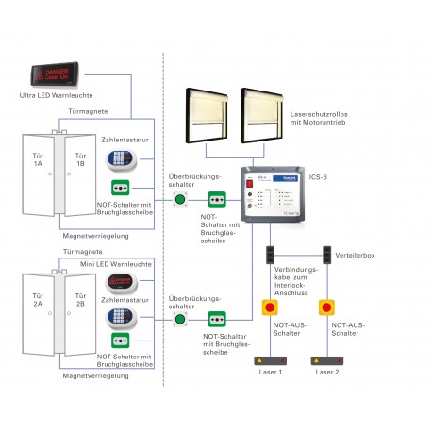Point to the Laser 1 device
pos(273,360)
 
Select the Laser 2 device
pos(327,360)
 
